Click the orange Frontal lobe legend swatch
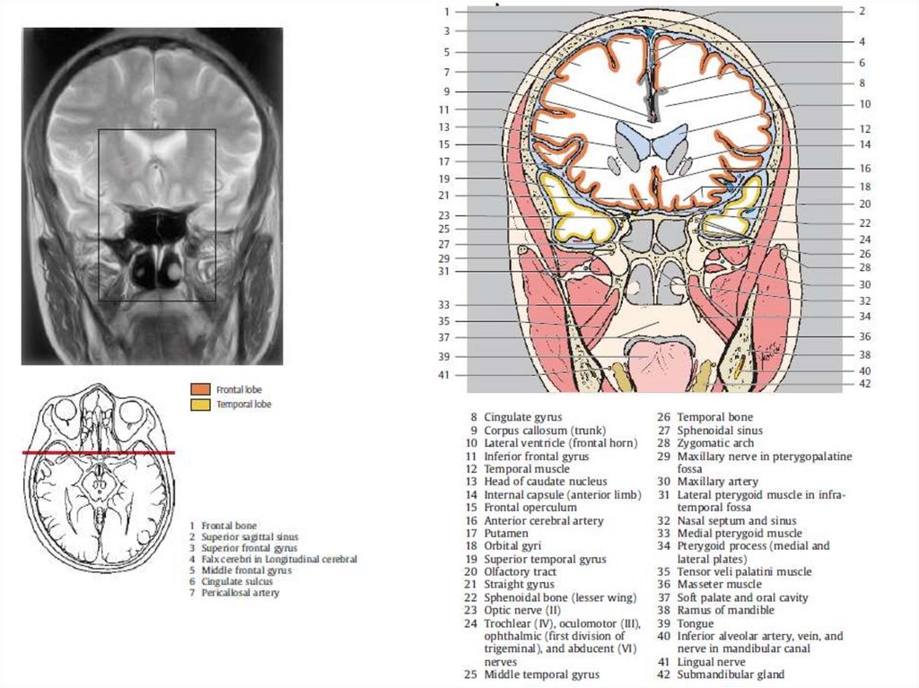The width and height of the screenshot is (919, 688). click(x=199, y=389)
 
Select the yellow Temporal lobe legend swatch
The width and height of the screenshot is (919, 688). click(x=199, y=405)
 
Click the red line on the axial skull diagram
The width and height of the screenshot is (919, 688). click(x=99, y=453)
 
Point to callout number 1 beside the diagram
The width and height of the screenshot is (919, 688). click(x=446, y=12)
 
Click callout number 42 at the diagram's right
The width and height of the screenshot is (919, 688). click(x=864, y=383)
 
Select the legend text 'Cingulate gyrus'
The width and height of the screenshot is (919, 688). click(x=522, y=417)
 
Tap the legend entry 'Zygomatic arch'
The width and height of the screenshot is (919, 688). click(x=714, y=443)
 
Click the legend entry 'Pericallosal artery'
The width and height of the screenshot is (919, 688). click(x=240, y=593)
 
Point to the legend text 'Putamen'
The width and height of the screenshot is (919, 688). click(x=505, y=533)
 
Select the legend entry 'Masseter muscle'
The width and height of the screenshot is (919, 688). click(x=721, y=584)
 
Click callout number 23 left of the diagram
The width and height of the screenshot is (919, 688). click(x=443, y=215)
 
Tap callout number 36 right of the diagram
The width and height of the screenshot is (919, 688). click(x=864, y=336)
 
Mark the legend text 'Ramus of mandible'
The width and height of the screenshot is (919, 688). click(x=725, y=610)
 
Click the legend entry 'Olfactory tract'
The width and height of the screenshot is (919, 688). click(x=520, y=571)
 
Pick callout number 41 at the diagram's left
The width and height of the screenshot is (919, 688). click(x=443, y=375)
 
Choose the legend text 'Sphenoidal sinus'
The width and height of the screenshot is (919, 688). click(x=720, y=430)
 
